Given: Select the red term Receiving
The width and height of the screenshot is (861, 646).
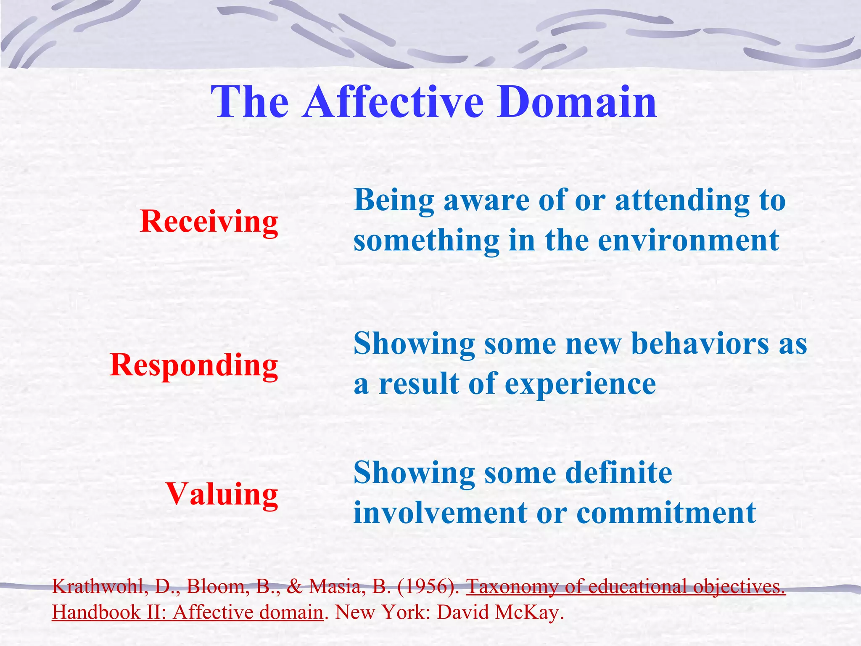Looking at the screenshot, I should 209,221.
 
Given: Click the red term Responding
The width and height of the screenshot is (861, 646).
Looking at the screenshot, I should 194,365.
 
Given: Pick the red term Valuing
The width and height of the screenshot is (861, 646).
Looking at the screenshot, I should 222,494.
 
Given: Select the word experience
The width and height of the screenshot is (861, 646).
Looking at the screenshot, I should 580,384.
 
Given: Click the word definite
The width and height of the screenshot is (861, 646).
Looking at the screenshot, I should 618,473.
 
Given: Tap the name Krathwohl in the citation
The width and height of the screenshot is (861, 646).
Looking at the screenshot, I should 100,586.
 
